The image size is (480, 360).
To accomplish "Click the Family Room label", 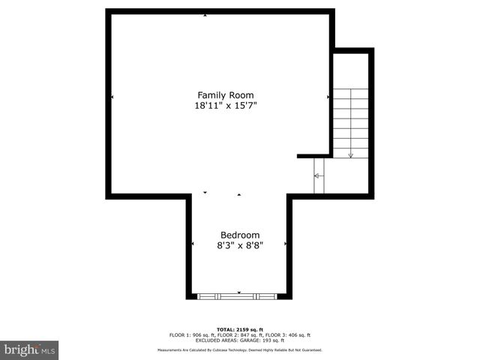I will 225,95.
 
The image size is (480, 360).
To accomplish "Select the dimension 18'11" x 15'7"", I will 225,106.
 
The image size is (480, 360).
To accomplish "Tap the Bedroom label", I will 239,234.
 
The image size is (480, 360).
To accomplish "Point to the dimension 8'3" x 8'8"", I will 239,244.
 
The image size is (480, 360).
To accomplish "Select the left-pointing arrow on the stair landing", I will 316,175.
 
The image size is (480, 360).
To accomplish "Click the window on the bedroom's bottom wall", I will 238,296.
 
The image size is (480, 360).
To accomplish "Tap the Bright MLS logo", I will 29,349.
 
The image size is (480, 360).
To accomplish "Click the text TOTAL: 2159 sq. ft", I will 239,329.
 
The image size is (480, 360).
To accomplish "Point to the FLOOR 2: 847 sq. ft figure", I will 239,335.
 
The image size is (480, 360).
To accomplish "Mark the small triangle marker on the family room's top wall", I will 205,15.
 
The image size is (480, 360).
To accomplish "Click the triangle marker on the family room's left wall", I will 112,97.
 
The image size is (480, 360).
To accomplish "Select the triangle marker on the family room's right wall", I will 328,97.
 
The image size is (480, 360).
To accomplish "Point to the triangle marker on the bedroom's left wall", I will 193,244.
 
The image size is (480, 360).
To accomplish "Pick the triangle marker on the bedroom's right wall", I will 285,244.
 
